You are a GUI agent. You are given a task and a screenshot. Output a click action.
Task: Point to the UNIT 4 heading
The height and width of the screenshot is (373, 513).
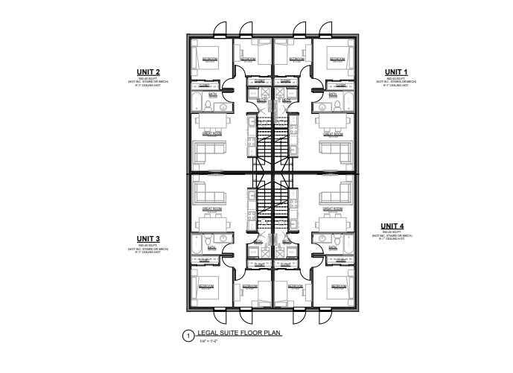(392, 226)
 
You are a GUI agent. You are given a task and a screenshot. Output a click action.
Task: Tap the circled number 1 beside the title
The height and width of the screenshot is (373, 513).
(188, 336)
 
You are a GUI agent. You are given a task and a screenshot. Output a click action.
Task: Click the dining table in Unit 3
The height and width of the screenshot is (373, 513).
(211, 223)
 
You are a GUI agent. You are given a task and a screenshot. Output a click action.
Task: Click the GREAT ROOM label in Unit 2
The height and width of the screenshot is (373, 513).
(211, 134)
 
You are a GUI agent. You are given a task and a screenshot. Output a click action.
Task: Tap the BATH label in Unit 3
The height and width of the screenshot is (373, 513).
(212, 246)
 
